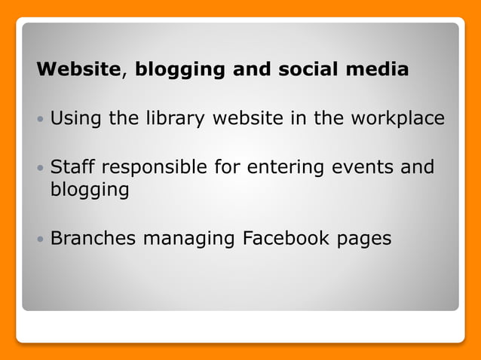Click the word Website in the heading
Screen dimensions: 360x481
(78, 70)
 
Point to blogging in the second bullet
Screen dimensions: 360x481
(89, 191)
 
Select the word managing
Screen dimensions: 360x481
(189, 239)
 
